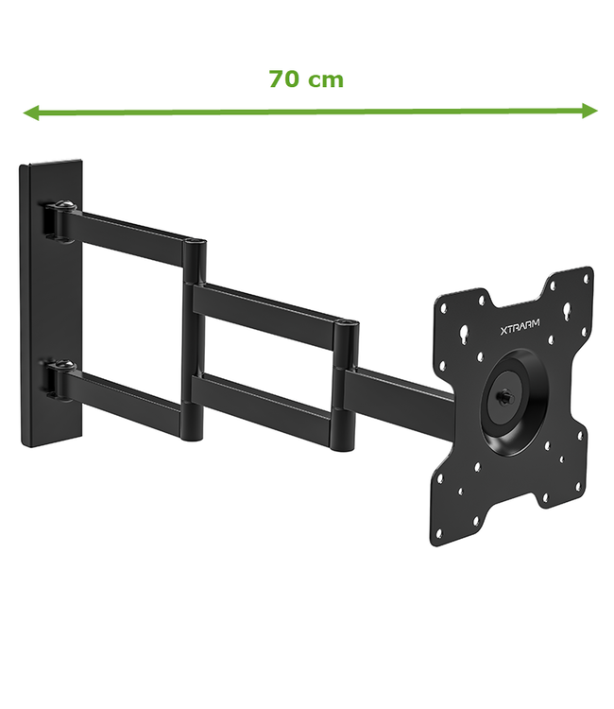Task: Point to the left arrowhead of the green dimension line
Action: (29, 113)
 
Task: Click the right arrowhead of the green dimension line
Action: (590, 111)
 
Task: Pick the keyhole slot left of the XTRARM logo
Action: (464, 332)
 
